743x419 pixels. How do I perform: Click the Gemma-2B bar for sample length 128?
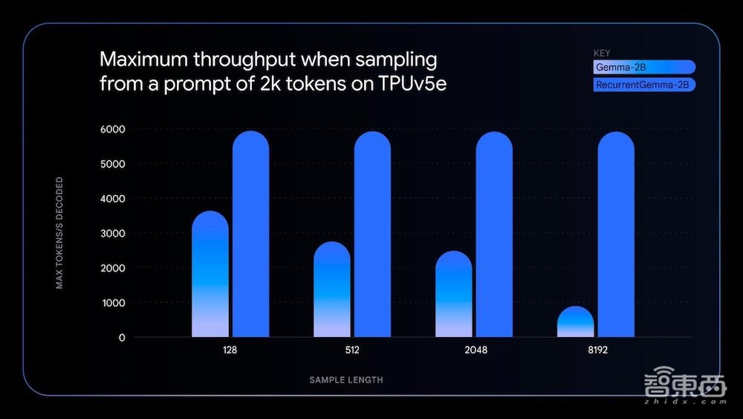(x=210, y=275)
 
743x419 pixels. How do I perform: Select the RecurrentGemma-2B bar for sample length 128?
(x=250, y=234)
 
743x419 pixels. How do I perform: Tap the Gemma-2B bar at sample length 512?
(x=331, y=290)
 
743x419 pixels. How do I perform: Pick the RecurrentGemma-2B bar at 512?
(x=372, y=234)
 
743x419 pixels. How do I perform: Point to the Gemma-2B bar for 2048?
(x=453, y=295)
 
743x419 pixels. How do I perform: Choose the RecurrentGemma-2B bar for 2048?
(x=494, y=234)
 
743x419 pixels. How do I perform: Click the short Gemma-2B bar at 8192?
(x=575, y=322)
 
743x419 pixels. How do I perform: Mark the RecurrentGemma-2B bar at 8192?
(x=616, y=234)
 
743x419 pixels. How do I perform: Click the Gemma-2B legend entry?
(x=643, y=67)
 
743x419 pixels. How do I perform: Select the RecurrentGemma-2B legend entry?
(x=643, y=85)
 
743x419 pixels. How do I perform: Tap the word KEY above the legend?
(x=602, y=53)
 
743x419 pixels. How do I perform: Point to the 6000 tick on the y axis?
(x=114, y=129)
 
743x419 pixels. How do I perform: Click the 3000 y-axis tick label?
(x=114, y=234)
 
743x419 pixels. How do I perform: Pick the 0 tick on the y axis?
(x=121, y=338)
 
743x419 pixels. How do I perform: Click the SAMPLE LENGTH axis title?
(x=346, y=380)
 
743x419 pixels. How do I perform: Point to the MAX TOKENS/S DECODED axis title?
(x=59, y=233)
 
